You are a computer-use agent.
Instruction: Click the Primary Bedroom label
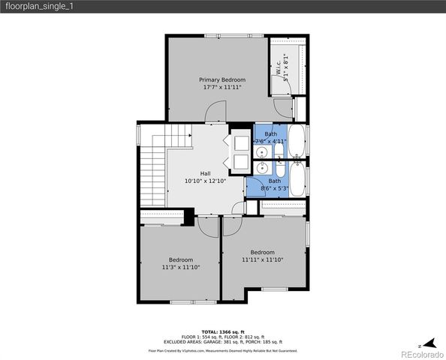[x=222, y=79]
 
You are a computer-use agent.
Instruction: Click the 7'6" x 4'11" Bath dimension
[x=270, y=140]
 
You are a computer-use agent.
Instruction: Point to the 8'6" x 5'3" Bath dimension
[x=275, y=188]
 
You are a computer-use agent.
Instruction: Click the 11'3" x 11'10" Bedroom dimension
[x=180, y=267]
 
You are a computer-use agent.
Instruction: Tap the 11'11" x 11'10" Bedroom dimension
[x=263, y=259]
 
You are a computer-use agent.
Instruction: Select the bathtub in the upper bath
[x=296, y=140]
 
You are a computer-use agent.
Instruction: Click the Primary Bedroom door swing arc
[x=215, y=114]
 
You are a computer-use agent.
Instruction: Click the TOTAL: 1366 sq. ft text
[x=222, y=331]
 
